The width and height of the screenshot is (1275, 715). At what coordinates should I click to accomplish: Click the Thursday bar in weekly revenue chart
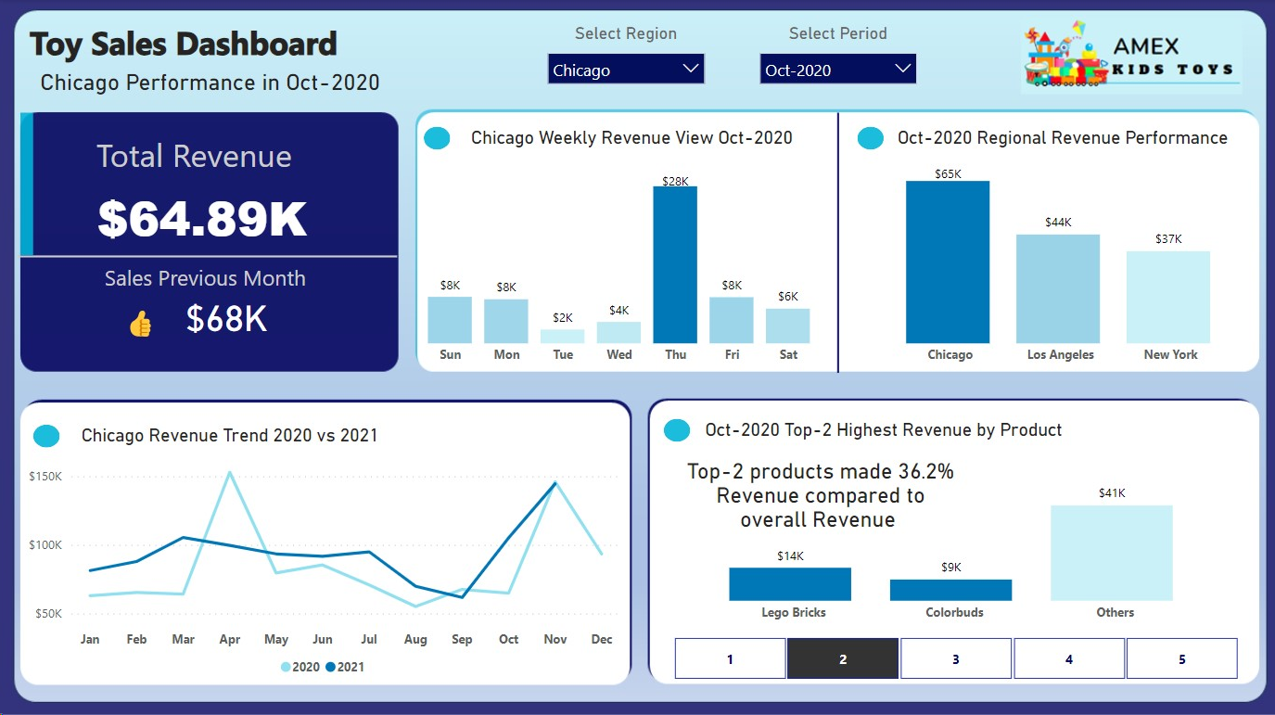(675, 265)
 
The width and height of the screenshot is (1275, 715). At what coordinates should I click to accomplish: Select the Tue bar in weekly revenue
(563, 337)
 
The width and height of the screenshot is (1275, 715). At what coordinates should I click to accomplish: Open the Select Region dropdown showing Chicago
(626, 70)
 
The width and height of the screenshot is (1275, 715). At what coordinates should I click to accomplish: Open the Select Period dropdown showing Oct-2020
(837, 70)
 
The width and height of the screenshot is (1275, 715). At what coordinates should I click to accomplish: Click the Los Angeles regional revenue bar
(1058, 288)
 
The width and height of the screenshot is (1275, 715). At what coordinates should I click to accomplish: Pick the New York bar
(1168, 297)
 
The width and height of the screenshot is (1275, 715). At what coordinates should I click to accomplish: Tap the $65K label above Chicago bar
(948, 173)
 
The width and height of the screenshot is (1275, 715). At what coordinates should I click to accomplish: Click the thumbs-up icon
(140, 324)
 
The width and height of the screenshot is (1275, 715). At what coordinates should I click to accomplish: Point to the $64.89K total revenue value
(202, 219)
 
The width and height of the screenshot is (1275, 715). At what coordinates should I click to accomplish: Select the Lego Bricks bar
(790, 584)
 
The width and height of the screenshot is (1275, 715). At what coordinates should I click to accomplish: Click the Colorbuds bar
(950, 590)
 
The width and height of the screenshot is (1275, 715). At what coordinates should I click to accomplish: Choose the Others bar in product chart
(1111, 553)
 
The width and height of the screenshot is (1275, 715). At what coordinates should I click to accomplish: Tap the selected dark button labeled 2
(843, 659)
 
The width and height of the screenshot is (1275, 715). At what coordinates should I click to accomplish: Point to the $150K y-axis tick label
(45, 477)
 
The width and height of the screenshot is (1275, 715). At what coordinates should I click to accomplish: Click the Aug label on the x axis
(415, 639)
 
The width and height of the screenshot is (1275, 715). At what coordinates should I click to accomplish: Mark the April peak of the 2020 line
(229, 472)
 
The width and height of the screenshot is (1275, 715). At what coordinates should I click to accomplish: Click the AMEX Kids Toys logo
(1131, 57)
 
